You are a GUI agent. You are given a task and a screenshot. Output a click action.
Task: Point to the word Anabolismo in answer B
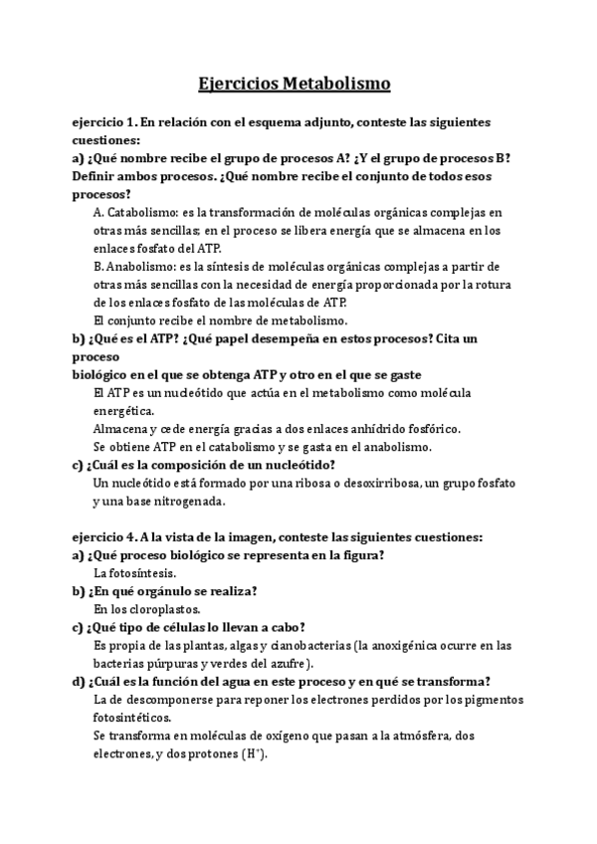[143, 267]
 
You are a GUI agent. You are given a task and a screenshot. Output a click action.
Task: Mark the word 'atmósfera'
[444, 736]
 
